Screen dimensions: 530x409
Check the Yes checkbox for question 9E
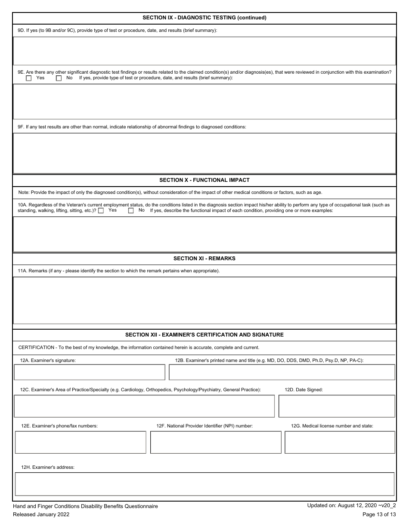click(29, 78)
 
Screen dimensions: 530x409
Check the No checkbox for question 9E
click(59, 78)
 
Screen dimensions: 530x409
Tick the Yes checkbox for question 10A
click(101, 211)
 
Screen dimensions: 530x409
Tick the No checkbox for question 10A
click(131, 211)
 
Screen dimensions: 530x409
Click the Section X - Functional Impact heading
click(204, 180)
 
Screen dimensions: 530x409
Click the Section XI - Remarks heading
click(204, 259)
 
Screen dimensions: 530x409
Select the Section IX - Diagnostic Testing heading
click(204, 18)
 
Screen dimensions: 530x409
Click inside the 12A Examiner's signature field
click(90, 372)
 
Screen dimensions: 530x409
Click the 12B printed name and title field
click(282, 372)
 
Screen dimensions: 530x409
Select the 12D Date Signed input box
click(337, 406)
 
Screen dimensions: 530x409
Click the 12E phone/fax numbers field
click(81, 442)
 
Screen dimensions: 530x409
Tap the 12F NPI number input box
click(216, 442)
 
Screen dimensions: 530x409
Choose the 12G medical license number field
click(340, 442)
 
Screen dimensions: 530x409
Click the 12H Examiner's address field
click(204, 484)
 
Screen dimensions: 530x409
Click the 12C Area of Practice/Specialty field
click(144, 406)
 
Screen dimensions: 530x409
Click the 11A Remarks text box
click(204, 300)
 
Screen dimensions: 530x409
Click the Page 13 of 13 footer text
click(379, 514)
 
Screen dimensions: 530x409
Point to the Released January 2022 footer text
click(41, 514)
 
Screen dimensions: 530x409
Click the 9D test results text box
click(204, 51)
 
